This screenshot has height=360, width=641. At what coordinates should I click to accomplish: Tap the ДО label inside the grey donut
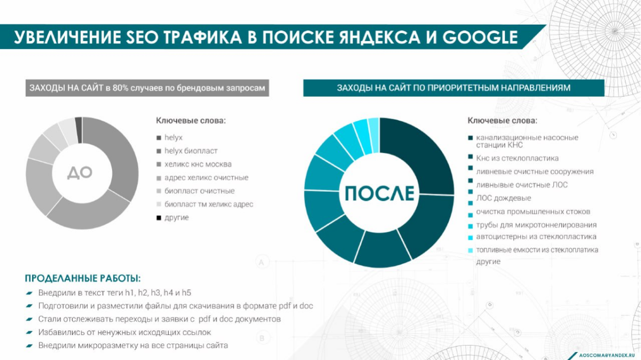80,173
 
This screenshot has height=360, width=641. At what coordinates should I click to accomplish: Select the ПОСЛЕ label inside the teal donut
379,193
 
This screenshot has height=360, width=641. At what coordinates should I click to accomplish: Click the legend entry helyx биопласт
191,151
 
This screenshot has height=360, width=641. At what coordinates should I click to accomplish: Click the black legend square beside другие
159,218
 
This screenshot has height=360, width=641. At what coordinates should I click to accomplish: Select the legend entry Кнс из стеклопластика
517,158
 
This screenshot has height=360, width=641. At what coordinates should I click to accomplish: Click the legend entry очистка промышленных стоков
533,212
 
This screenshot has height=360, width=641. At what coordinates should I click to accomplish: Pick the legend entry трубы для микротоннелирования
536,225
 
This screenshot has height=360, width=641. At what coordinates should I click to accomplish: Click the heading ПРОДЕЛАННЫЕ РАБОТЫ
83,278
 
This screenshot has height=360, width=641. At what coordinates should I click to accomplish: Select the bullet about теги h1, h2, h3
114,293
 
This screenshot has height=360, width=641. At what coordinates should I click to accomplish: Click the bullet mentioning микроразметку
133,346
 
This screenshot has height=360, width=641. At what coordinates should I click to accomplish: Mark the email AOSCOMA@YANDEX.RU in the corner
608,355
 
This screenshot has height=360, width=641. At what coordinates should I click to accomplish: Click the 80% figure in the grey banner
120,88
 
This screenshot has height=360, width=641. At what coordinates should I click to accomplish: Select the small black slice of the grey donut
79,123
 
